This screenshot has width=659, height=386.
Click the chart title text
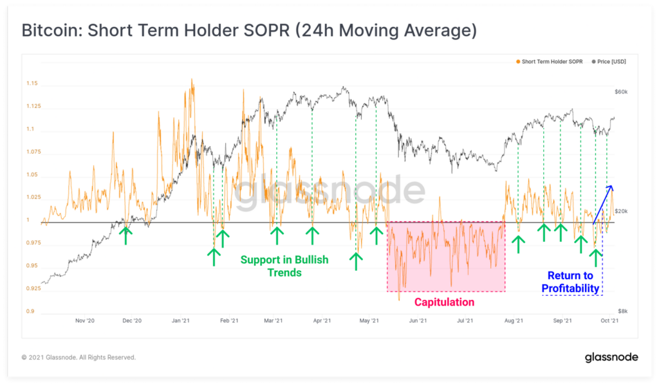pyautogui.click(x=249, y=30)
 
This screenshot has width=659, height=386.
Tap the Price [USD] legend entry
pyautogui.click(x=611, y=62)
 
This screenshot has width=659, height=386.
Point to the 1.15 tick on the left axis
pyautogui.click(x=32, y=84)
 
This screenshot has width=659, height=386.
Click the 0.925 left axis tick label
pyautogui.click(x=33, y=288)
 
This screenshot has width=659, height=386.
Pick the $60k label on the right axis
pyautogui.click(x=621, y=92)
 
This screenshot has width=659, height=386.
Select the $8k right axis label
pyautogui.click(x=622, y=310)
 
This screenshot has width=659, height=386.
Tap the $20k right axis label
pyautogui.click(x=621, y=211)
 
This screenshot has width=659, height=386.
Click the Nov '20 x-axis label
pyautogui.click(x=85, y=320)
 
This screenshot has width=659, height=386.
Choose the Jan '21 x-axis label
pyautogui.click(x=181, y=320)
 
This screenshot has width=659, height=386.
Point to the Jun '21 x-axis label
pyautogui.click(x=419, y=320)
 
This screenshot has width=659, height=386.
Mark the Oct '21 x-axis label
pyautogui.click(x=609, y=320)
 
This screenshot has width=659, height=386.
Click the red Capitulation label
pyautogui.click(x=444, y=302)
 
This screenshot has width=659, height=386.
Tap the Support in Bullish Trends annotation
pyautogui.click(x=284, y=266)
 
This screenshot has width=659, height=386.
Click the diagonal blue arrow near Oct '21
pyautogui.click(x=602, y=204)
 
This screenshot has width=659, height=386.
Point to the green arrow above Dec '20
pyautogui.click(x=126, y=235)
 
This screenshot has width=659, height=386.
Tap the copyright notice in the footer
pyautogui.click(x=79, y=357)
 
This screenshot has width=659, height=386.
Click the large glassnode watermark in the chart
pyautogui.click(x=329, y=191)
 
